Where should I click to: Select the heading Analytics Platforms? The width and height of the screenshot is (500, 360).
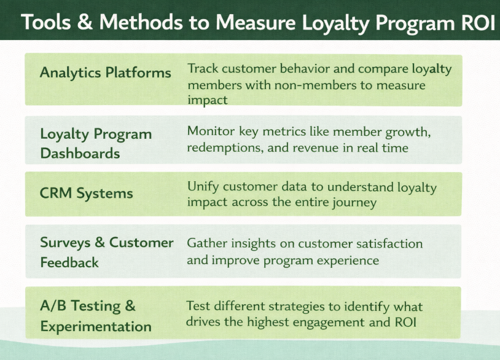[x=105, y=72]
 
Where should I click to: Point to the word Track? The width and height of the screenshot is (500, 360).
[x=203, y=68]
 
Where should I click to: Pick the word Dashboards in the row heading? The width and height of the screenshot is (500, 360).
[x=80, y=154]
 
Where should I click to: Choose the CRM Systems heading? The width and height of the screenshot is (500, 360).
[x=86, y=194]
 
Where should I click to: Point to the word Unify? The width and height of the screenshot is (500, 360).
[x=203, y=186]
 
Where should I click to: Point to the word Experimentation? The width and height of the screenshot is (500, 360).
[x=96, y=326]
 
